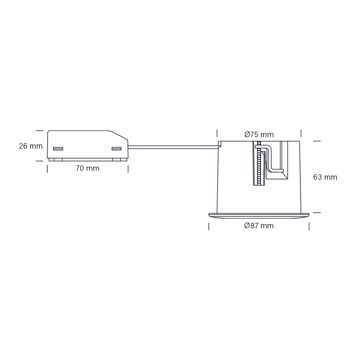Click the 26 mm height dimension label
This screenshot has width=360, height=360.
pyautogui.click(x=31, y=146)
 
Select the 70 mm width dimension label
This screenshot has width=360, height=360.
pyautogui.click(x=87, y=168)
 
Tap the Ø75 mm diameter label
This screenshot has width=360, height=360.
pyautogui.click(x=259, y=135)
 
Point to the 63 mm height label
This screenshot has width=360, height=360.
pyautogui.click(x=325, y=177)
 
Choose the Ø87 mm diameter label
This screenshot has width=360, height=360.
pyautogui.click(x=259, y=226)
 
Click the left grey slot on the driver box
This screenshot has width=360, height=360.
pyautogui.click(x=58, y=149)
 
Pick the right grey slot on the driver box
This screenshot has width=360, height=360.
pyautogui.click(x=116, y=149)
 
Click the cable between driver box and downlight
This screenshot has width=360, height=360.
pyautogui.click(x=173, y=146)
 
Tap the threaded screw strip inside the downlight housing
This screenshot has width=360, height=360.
pyautogui.click(x=258, y=164)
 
